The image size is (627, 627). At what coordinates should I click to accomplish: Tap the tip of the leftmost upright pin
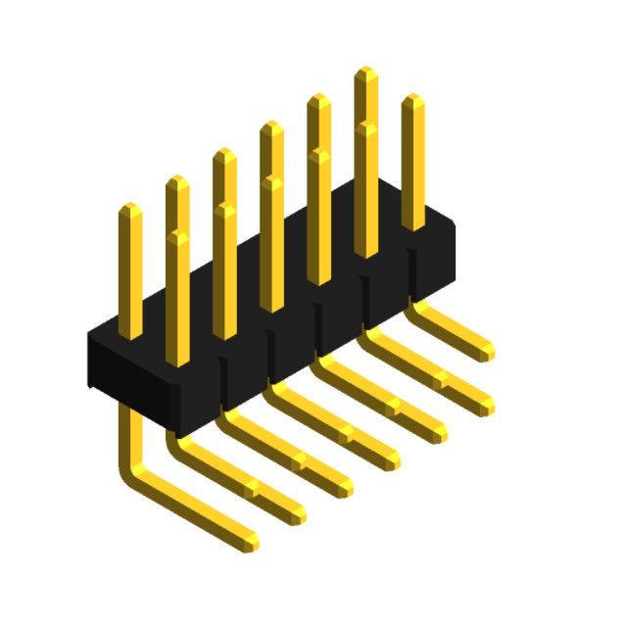129,208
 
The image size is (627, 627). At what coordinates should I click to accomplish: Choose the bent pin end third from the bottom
346,485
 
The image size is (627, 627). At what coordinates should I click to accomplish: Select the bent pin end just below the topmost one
487,404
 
